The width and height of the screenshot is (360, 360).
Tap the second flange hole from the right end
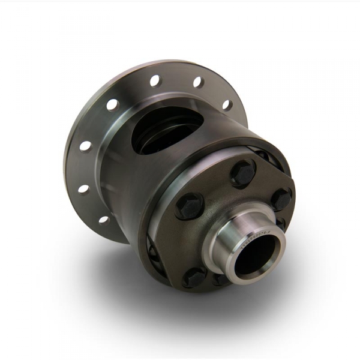tap(198, 82)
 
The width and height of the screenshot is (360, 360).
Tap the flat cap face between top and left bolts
tap(213, 186)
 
